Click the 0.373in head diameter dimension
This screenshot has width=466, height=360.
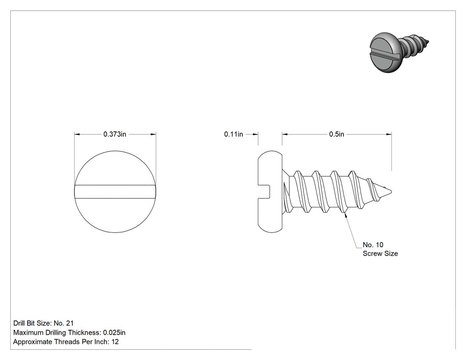(115, 135)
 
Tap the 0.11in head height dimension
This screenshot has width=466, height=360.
(233, 135)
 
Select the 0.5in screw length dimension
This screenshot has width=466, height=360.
(336, 135)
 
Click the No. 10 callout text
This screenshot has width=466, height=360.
(373, 245)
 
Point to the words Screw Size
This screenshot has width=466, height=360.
(380, 253)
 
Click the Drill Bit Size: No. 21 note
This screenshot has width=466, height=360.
(43, 323)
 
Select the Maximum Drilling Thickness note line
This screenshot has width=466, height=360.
(69, 332)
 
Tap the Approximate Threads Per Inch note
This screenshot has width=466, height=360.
(66, 342)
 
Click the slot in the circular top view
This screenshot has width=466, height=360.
(115, 192)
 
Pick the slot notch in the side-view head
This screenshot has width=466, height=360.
(264, 191)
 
